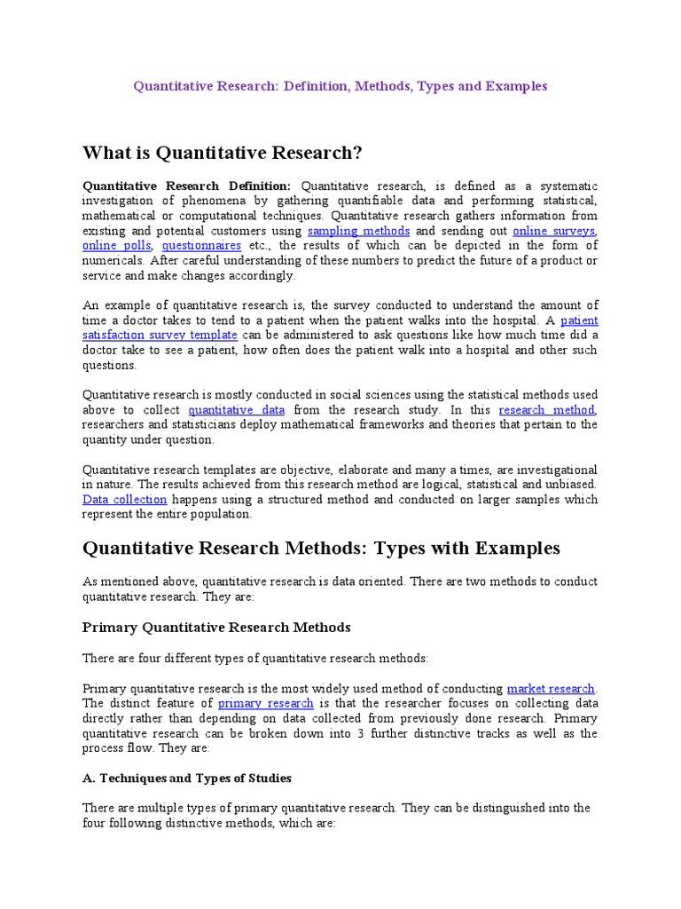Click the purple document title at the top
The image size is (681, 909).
pos(340,86)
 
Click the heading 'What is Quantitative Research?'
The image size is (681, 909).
pos(223,153)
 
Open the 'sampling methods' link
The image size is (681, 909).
pos(358,231)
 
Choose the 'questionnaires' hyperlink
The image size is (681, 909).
pos(201,246)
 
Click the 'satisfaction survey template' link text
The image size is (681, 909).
pos(160,336)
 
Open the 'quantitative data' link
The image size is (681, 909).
pos(236,410)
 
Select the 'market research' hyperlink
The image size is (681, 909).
pos(551,688)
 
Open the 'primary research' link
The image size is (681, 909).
pos(266,703)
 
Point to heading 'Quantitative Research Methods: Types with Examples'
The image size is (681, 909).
pos(321,548)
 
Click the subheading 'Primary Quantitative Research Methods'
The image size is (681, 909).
pos(216,628)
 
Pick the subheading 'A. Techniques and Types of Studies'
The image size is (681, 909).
pos(187,778)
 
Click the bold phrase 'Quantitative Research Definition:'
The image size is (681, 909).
pos(186,186)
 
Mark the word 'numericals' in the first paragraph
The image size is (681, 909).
pos(113,261)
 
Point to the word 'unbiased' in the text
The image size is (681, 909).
pos(571,485)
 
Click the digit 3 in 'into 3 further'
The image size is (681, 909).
pos(342,733)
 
